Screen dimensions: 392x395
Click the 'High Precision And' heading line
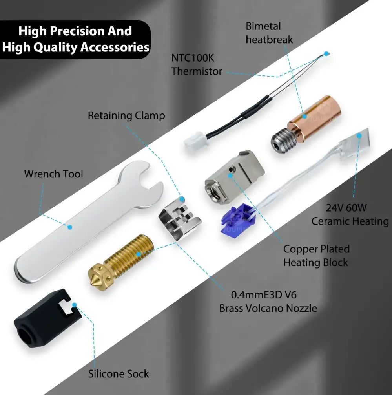click(x=75, y=31)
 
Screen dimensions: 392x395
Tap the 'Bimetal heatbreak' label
click(x=269, y=33)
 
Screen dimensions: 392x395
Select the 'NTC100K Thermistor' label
click(x=197, y=65)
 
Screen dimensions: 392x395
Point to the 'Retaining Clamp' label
click(x=126, y=115)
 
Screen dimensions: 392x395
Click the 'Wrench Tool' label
click(x=53, y=174)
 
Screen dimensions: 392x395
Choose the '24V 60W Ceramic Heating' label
click(x=350, y=215)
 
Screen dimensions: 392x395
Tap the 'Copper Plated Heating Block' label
click(x=316, y=256)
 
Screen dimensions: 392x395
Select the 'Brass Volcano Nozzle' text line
click(x=268, y=308)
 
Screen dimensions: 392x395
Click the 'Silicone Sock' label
click(x=119, y=373)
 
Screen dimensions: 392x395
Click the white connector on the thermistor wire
click(x=196, y=143)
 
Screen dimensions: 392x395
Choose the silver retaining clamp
click(x=180, y=219)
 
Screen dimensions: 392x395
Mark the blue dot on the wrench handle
click(x=70, y=227)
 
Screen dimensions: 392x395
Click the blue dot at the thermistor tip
click(x=326, y=53)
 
